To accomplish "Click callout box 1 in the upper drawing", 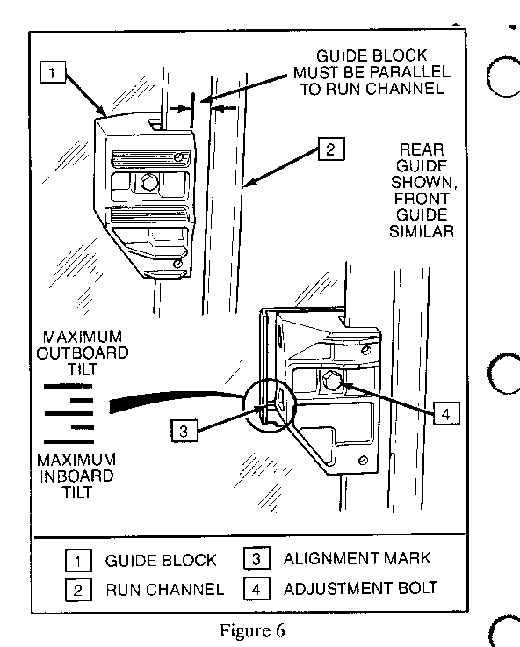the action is coord(53,73).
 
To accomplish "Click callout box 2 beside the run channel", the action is coord(331,149).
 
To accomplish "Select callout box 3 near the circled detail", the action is coord(184,431).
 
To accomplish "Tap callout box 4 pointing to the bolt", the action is coord(446,413).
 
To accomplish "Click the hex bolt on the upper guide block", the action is coord(149,182).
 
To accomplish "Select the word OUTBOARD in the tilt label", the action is coord(83,353).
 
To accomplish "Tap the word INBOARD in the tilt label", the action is coord(76,476).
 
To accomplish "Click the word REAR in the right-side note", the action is coord(422,149).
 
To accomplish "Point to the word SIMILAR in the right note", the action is coord(422,231).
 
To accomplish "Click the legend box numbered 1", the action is coord(78,560).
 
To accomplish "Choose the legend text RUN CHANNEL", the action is coord(165,590).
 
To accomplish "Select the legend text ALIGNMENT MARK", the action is coord(357,558).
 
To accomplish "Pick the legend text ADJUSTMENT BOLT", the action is coord(360,588).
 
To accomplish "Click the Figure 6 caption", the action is coord(252,630).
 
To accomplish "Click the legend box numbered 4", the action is coord(256,589).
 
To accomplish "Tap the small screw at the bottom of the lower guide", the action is coord(364,460).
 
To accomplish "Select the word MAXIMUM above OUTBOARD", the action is coord(83,337).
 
